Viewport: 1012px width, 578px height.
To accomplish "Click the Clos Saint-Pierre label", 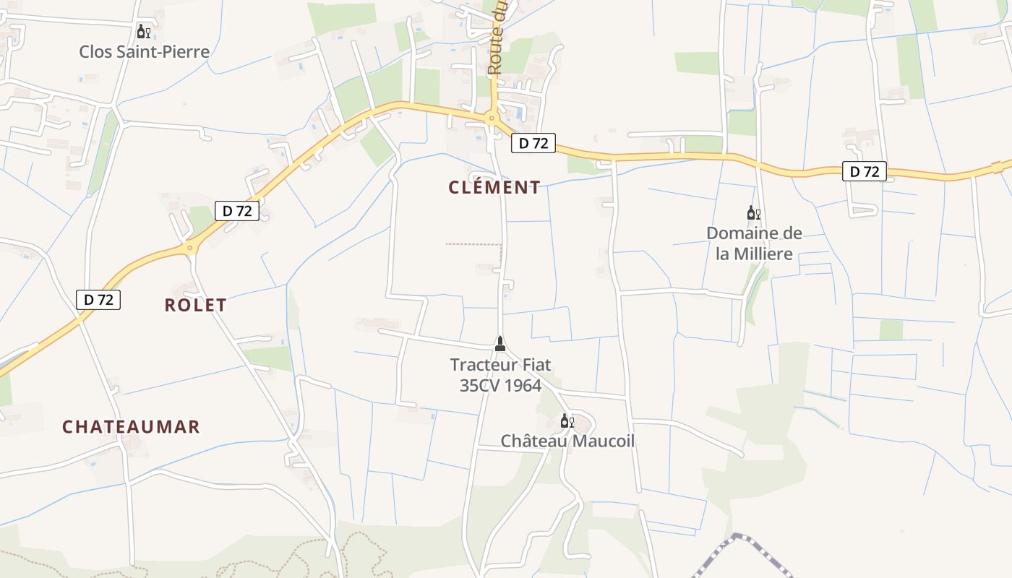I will point(145,51).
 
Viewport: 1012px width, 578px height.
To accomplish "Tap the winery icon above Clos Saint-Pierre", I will point(144,31).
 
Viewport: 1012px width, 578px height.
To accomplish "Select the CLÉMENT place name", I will point(494,188).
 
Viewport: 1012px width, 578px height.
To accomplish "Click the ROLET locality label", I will point(195,305).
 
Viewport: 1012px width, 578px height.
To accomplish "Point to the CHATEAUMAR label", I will point(131,427).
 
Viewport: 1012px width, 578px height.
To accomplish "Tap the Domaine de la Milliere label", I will point(754,243).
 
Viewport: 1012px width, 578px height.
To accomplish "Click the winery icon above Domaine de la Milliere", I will point(753,212).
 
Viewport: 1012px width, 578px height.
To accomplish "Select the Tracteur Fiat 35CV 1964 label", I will point(500,375).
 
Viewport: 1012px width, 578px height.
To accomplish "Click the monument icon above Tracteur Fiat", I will point(499,342).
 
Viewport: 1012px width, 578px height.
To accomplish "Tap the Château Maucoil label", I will point(567,441).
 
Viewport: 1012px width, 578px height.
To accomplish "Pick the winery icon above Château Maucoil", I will point(567,420).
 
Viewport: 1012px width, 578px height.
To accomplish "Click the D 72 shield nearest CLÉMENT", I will point(533,143).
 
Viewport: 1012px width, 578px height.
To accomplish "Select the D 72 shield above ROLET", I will point(237,211).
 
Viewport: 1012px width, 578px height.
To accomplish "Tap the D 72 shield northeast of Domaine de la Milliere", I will point(865,171).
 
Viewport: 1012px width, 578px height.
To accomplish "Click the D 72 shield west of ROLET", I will point(98,299).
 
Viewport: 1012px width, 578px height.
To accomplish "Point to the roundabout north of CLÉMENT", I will point(492,118).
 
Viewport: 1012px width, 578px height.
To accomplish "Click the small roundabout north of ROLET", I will point(190,249).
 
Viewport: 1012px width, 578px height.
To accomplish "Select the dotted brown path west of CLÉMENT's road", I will point(473,244).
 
